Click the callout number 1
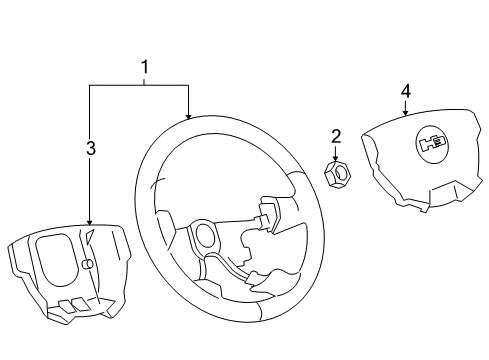(144, 68)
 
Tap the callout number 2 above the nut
(336, 135)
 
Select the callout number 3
(90, 148)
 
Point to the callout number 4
(405, 91)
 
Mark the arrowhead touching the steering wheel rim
(188, 116)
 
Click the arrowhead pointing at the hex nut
(336, 156)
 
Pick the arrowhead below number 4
(405, 113)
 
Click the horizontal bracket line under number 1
(140, 87)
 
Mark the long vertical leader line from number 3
(90, 190)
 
